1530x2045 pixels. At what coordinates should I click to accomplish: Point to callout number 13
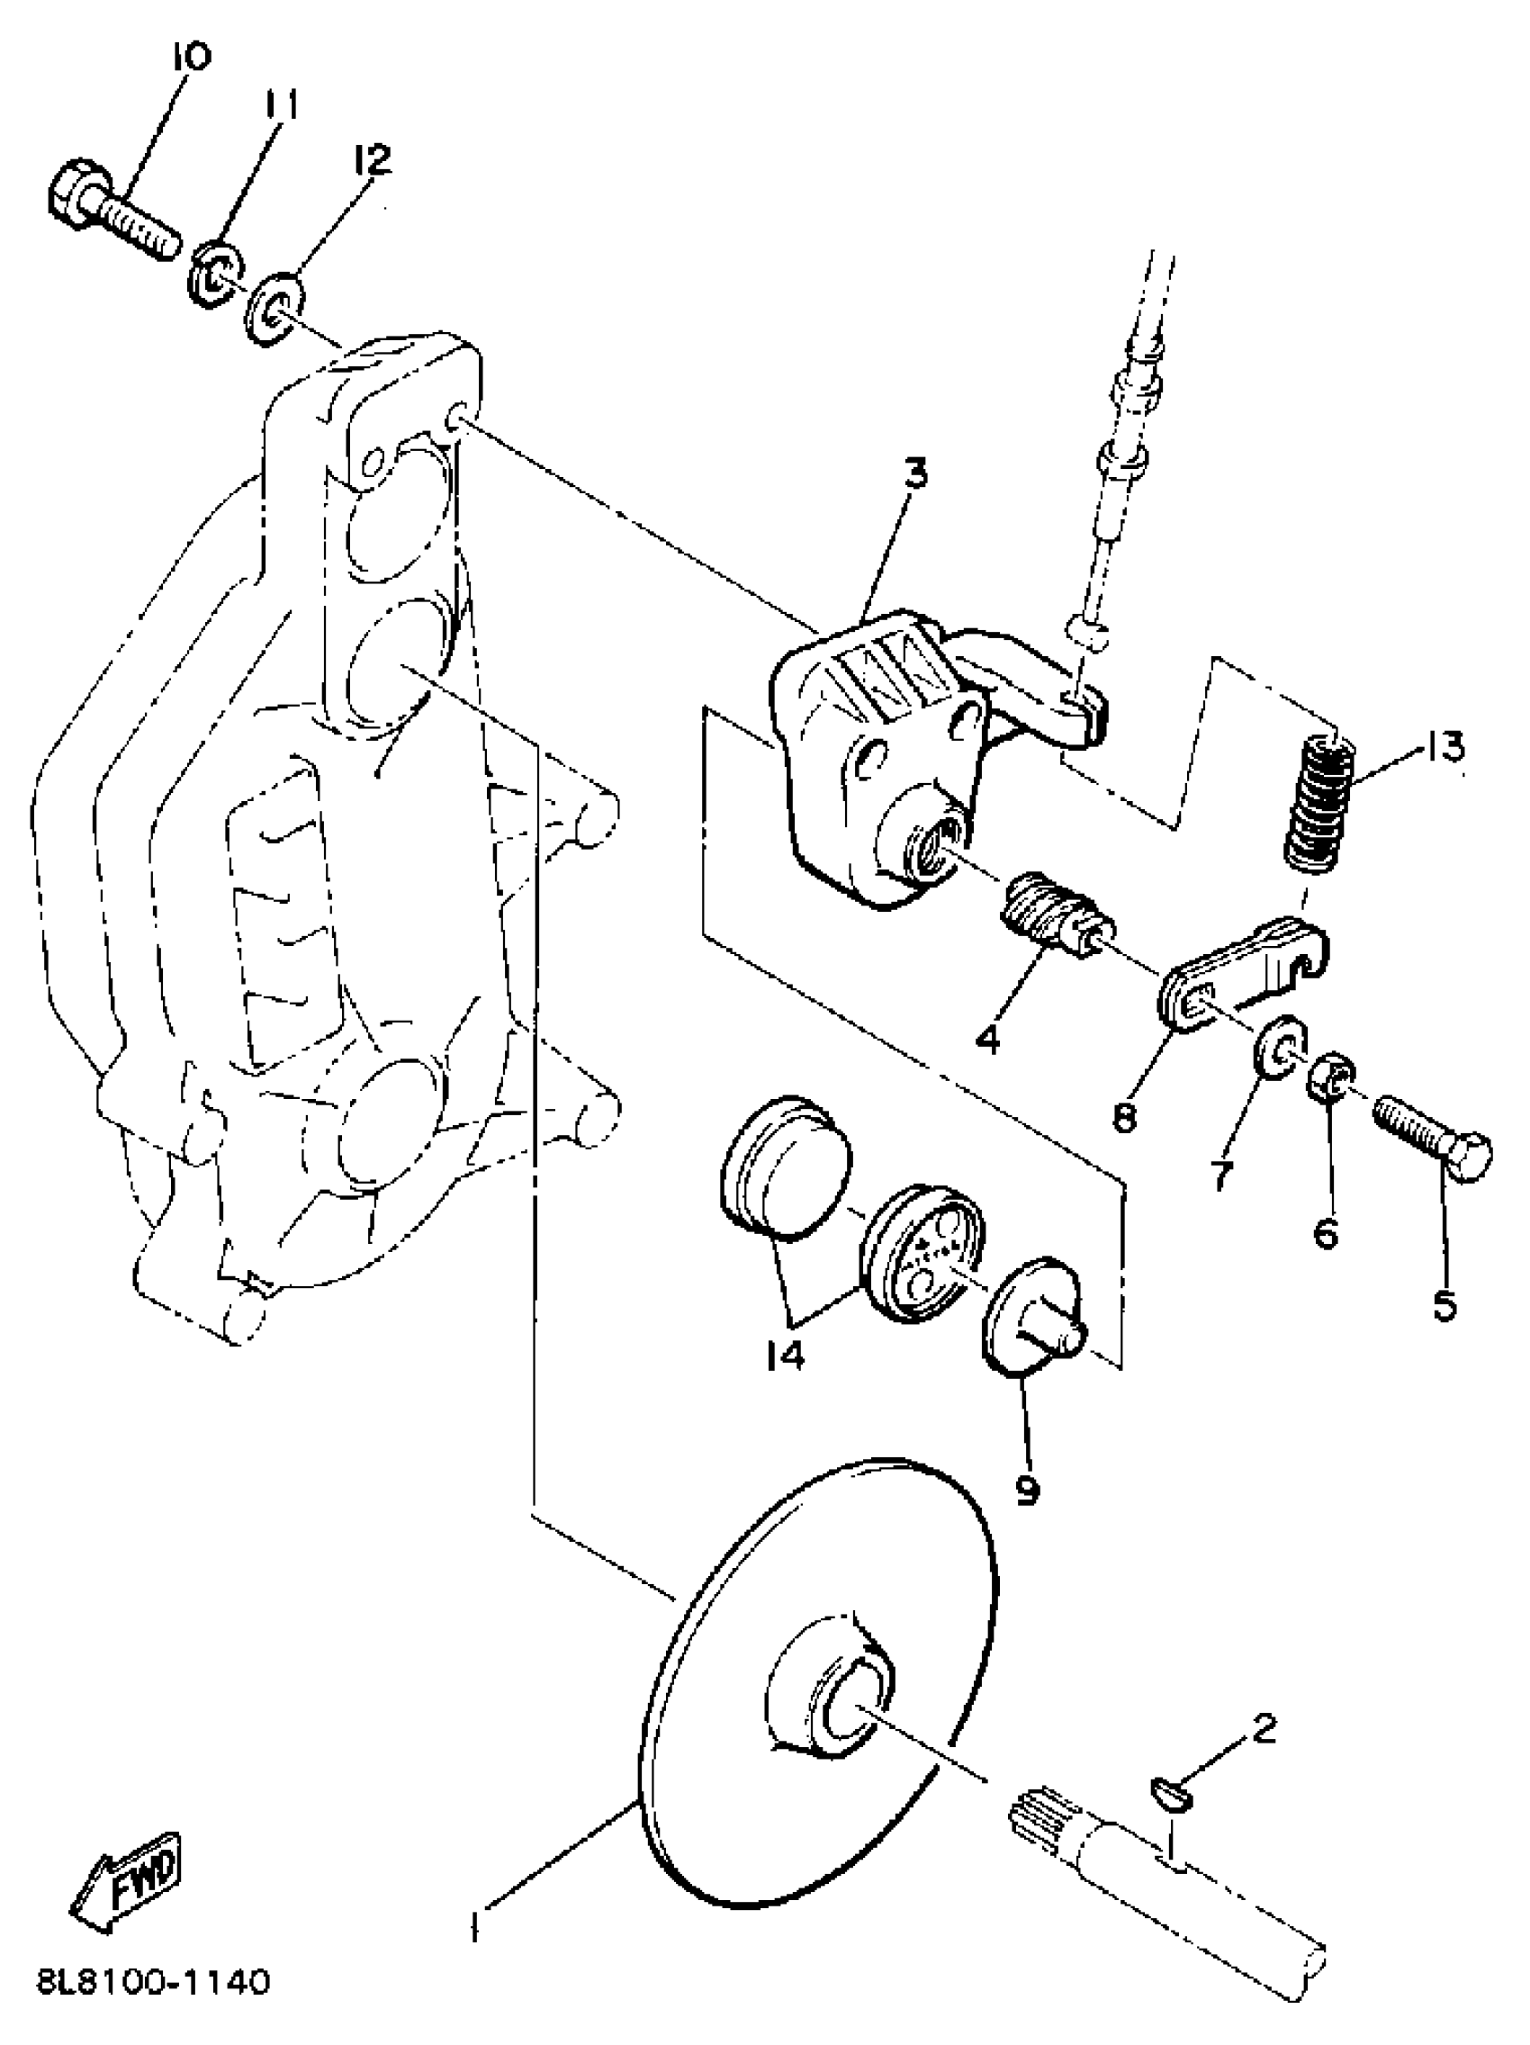click(x=1443, y=745)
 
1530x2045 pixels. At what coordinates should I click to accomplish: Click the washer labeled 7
click(x=1278, y=1049)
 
